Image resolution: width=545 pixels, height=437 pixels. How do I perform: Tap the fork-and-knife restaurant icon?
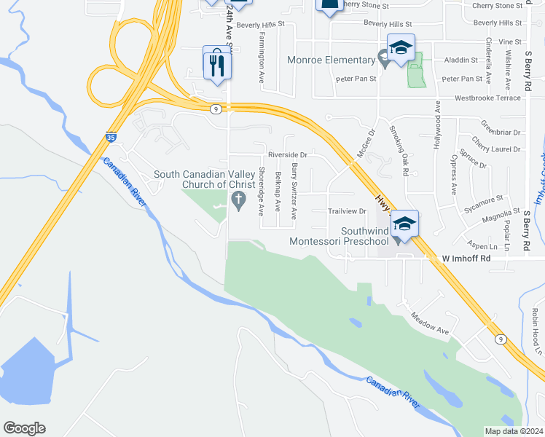[217, 64]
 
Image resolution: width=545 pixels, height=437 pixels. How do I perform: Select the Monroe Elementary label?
[330, 60]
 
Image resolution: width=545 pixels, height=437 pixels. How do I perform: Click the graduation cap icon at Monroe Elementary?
[401, 48]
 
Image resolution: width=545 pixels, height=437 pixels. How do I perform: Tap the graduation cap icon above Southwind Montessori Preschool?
[404, 224]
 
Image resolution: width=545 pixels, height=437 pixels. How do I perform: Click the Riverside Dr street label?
[288, 154]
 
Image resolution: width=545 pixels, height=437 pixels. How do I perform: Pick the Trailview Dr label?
[347, 211]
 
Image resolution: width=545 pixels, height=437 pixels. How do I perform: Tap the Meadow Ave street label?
[429, 325]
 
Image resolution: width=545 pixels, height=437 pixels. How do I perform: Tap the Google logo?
[24, 428]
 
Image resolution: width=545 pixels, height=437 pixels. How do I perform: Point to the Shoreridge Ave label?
[262, 192]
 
